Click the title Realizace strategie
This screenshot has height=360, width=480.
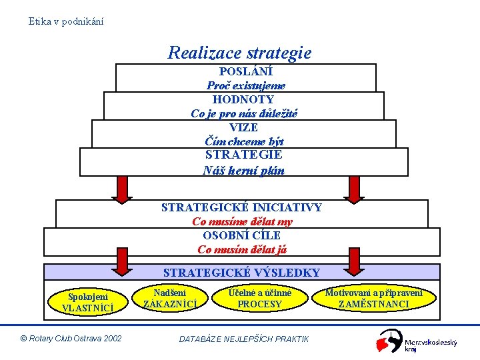pos(239,52)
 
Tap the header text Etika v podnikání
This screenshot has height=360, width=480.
pos(66,21)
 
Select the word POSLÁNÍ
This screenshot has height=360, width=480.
pos(245,71)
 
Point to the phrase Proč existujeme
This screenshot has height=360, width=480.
pos(245,85)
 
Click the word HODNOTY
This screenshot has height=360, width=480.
pos(243,99)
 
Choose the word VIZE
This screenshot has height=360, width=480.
pos(243,127)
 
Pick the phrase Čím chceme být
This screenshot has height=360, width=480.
pos(244,141)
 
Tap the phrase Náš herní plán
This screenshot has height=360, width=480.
pos(243,170)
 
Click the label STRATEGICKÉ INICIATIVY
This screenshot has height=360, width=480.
pos(241,207)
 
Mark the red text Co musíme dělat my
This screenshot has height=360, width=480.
pos(242,221)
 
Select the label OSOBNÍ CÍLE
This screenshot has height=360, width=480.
pos(242,235)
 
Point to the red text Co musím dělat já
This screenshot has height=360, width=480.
pos(242,250)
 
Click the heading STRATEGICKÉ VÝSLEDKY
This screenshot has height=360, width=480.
pos(241,272)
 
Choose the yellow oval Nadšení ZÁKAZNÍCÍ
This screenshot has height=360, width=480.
pos(169,298)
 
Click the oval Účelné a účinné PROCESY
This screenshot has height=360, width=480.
pos(259,298)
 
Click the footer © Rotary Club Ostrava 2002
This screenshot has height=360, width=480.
pos(71,339)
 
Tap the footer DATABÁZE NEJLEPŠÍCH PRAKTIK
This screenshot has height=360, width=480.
pos(244,339)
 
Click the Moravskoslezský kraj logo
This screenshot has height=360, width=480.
pos(417,342)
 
